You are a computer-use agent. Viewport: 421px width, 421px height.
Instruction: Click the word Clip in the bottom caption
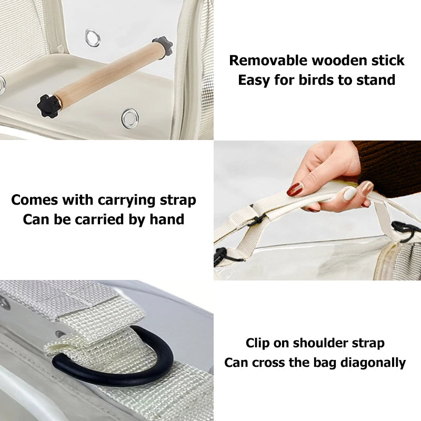click(x=258, y=344)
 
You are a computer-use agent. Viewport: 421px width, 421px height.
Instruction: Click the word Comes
click(x=33, y=200)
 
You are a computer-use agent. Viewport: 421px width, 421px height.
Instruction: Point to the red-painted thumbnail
click(x=295, y=189)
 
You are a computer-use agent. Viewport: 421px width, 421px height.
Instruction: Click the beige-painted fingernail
click(x=351, y=194)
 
